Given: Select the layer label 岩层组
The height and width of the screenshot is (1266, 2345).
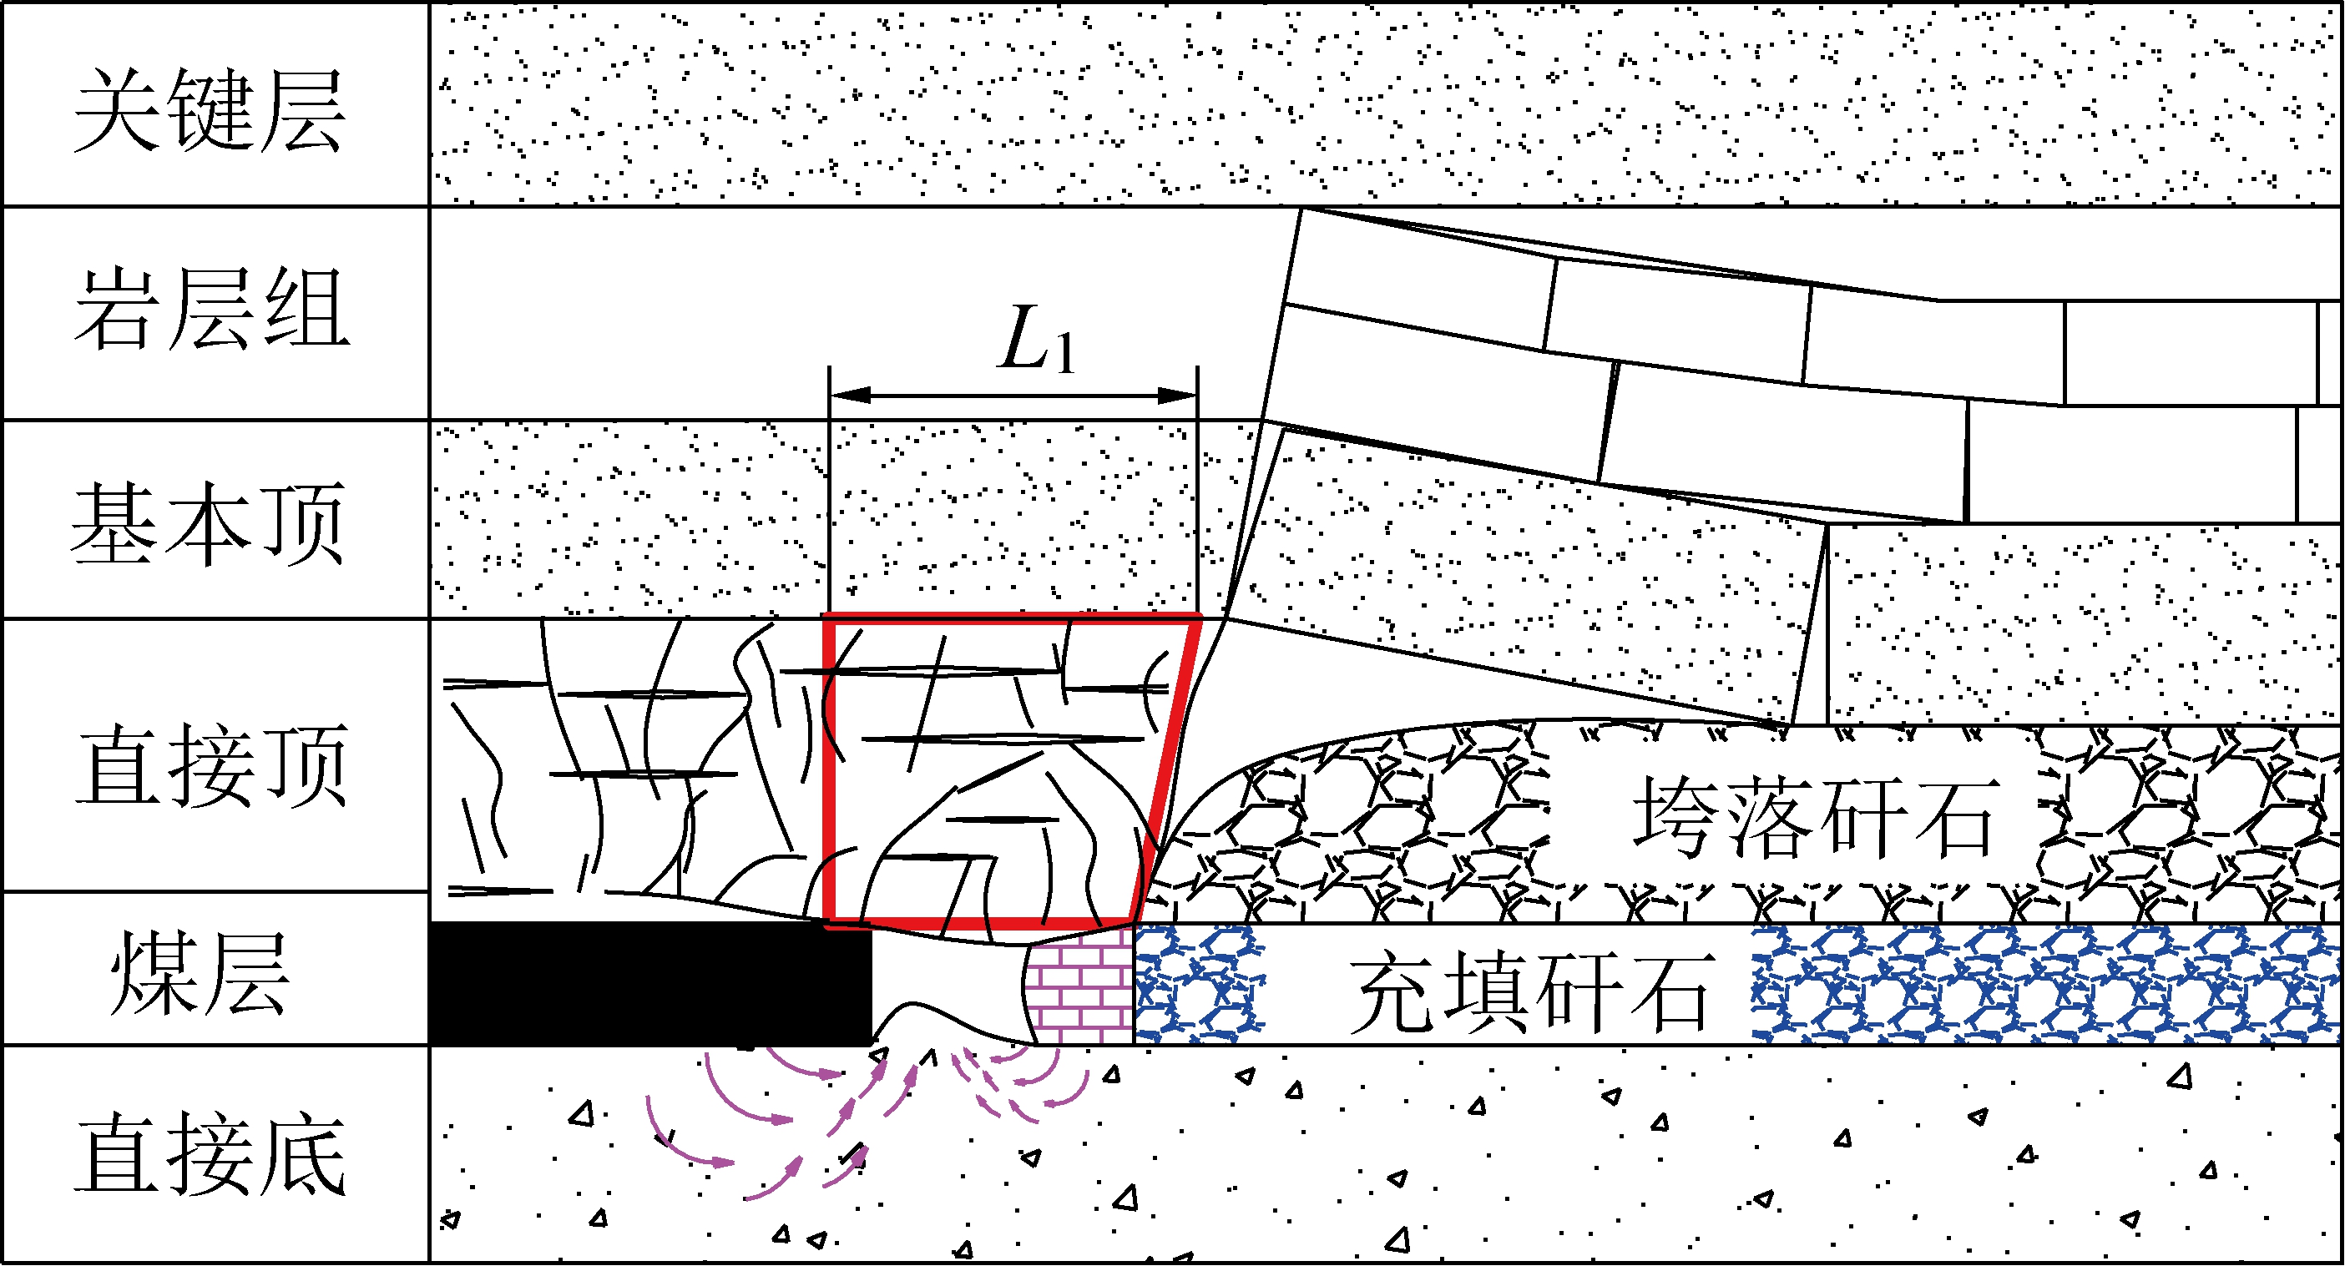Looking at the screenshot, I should (x=211, y=309).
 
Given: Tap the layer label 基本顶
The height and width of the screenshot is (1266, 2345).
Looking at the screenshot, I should (x=209, y=523).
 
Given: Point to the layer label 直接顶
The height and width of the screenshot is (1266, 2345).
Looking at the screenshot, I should (x=211, y=765).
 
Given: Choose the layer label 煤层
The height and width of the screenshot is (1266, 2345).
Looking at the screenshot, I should (x=200, y=973).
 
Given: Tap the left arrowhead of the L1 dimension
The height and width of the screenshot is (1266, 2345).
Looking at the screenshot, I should (x=848, y=395).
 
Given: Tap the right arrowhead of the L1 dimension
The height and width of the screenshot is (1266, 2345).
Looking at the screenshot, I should (x=1178, y=395).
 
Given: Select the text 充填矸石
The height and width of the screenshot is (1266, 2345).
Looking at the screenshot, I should (x=1532, y=991).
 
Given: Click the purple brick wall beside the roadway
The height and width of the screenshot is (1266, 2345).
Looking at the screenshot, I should (x=1079, y=987).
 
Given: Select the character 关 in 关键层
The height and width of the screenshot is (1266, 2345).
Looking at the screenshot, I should (x=119, y=110).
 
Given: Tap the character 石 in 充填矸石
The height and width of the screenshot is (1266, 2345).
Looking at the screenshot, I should (x=1673, y=991).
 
